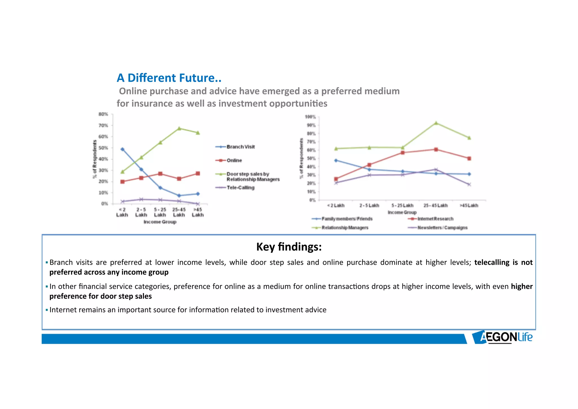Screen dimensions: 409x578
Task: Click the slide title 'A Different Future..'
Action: click(169, 78)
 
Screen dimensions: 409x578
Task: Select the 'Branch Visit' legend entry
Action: click(240, 147)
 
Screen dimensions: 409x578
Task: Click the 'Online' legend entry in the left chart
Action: click(234, 160)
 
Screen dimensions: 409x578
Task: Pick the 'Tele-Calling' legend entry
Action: click(240, 187)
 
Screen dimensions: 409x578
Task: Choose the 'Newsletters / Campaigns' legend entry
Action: click(442, 228)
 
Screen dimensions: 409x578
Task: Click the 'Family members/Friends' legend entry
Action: click(347, 219)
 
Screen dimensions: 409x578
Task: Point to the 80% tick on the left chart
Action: click(103, 114)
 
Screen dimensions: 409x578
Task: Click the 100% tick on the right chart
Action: click(310, 117)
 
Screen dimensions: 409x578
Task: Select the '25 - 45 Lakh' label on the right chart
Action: click(435, 205)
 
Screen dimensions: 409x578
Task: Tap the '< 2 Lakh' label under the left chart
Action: click(122, 212)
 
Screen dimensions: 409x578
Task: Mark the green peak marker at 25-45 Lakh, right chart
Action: click(436, 123)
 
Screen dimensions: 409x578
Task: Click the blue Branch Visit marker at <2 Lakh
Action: click(122, 149)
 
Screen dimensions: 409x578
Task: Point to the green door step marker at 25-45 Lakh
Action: click(179, 128)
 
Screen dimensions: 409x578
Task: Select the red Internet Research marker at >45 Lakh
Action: click(469, 159)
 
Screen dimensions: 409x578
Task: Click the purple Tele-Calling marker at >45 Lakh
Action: click(198, 204)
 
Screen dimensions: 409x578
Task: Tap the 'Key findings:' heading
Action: click(289, 247)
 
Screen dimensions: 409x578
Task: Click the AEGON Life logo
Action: click(502, 337)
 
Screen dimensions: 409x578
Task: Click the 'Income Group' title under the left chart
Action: click(160, 222)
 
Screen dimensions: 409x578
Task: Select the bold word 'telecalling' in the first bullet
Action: click(492, 262)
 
